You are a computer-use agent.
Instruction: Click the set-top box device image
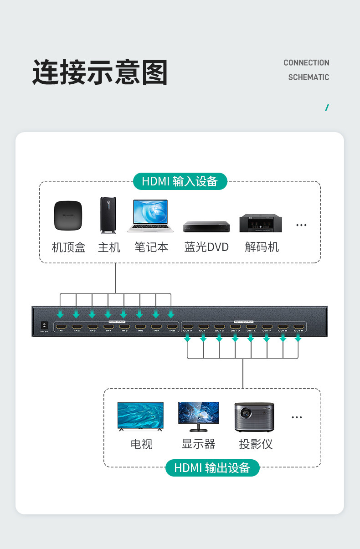tap(68, 215)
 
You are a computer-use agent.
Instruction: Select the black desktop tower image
tap(108, 215)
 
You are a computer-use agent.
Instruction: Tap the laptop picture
tap(150, 216)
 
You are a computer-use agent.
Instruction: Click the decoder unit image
tap(261, 223)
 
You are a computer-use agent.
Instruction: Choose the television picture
tap(140, 416)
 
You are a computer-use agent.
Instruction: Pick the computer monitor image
tap(198, 416)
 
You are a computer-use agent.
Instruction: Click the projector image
tap(254, 416)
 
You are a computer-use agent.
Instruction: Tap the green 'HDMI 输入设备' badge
tap(180, 181)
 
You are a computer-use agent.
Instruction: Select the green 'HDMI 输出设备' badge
tap(212, 467)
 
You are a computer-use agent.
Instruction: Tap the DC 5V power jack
tap(44, 325)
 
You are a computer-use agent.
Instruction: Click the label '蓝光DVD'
tap(206, 247)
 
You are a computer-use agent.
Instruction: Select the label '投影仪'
tap(256, 444)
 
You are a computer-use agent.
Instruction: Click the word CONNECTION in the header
tap(306, 63)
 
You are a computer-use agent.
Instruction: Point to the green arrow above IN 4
tap(108, 314)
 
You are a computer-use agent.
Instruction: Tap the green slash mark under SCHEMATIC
tap(327, 108)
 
